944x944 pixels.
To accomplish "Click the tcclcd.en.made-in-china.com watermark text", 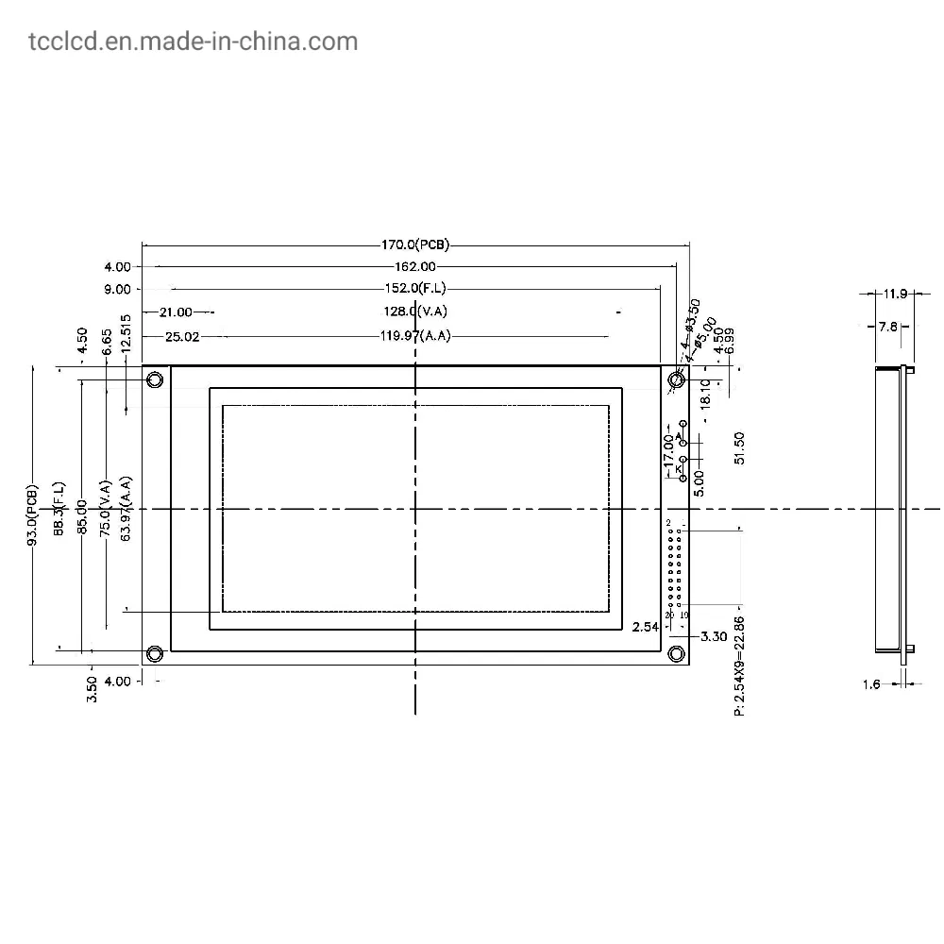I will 179,42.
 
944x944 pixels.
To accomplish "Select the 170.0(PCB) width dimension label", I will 414,245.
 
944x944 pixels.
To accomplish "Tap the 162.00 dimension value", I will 414,267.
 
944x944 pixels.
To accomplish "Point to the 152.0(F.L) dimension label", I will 414,289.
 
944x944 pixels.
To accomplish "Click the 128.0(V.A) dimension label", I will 414,312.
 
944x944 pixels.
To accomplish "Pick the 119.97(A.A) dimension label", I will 414,335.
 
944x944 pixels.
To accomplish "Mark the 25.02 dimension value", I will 182,335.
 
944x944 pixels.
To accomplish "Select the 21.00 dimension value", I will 176,312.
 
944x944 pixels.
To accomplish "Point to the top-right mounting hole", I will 676,380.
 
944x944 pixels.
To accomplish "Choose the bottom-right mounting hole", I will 676,653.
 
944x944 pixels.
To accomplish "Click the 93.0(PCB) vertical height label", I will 33,516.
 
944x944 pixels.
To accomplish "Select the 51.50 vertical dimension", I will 740,447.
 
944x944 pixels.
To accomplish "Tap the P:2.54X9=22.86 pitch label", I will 740,665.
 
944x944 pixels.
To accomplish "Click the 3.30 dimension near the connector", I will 714,637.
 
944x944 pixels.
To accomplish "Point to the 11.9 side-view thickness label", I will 893,294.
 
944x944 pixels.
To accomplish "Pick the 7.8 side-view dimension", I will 887,327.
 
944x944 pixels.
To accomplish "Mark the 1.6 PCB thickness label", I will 870,684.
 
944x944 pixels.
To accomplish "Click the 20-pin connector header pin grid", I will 675,566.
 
